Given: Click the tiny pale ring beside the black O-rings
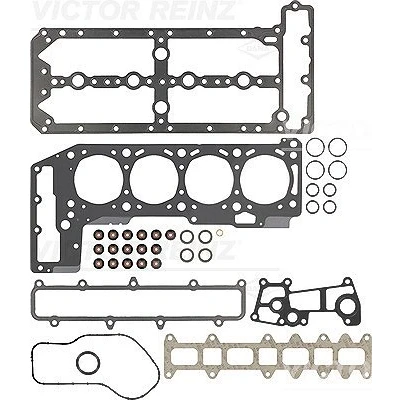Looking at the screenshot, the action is coord(219,233).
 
